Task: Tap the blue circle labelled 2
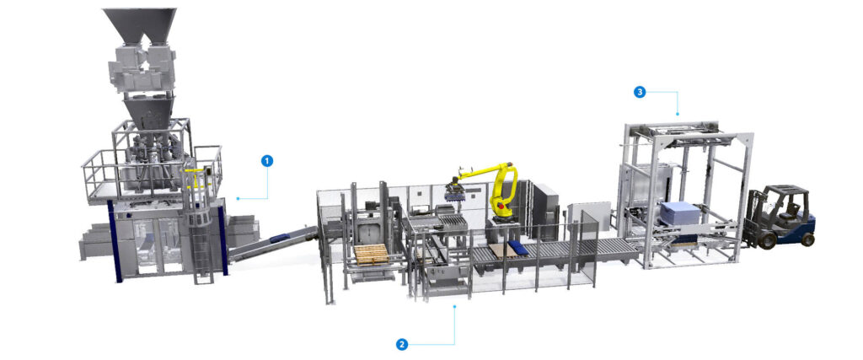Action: (402, 344)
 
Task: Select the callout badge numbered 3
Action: (641, 92)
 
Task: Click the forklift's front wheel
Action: (769, 240)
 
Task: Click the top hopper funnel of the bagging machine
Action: (139, 25)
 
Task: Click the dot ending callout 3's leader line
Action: (678, 114)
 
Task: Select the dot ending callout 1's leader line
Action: (239, 198)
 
